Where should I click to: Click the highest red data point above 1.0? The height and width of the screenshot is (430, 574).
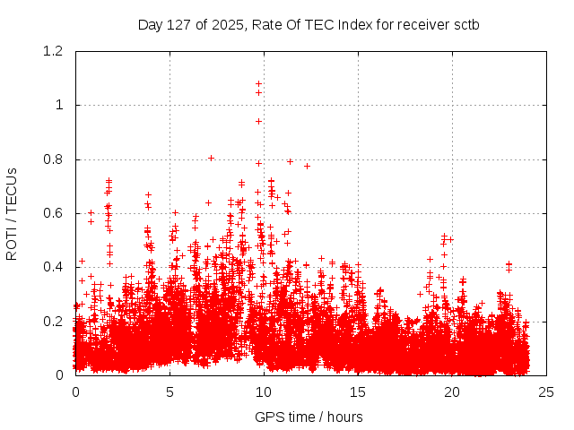pyautogui.click(x=259, y=83)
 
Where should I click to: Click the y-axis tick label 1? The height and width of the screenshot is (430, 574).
pyautogui.click(x=59, y=105)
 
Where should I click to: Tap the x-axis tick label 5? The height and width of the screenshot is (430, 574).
pyautogui.click(x=170, y=392)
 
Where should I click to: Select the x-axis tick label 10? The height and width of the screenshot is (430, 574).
pyautogui.click(x=264, y=392)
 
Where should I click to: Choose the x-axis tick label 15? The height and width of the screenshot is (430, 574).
pyautogui.click(x=358, y=392)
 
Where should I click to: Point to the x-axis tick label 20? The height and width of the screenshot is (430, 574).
pyautogui.click(x=452, y=392)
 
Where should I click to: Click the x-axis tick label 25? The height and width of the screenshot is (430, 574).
pyautogui.click(x=546, y=392)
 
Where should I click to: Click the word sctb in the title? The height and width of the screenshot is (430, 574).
pyautogui.click(x=465, y=24)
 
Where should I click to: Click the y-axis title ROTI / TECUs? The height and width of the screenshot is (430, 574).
pyautogui.click(x=13, y=213)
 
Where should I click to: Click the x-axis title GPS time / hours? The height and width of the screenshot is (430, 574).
pyautogui.click(x=309, y=417)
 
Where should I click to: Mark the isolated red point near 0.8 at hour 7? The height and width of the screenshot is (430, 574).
pyautogui.click(x=211, y=158)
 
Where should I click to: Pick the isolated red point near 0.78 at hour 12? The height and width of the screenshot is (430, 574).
pyautogui.click(x=307, y=166)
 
